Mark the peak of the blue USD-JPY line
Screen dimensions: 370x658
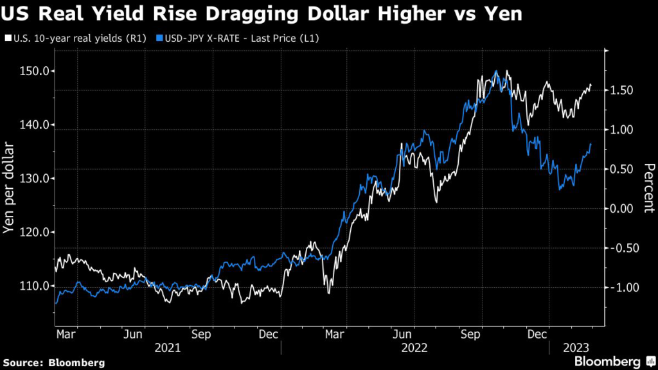tap(495, 71)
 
